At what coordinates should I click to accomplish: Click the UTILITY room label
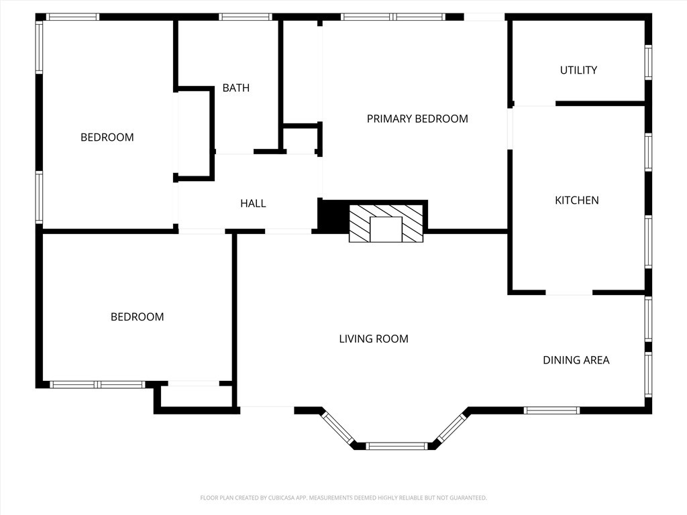[578, 70]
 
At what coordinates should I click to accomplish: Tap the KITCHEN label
[576, 200]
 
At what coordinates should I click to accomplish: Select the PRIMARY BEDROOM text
[417, 119]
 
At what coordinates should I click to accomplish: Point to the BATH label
[235, 88]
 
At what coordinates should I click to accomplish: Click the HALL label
[253, 203]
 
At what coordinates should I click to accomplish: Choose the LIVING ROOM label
[374, 339]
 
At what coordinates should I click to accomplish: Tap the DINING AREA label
[576, 360]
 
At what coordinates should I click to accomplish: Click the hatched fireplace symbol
[386, 223]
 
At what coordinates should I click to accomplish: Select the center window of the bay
[396, 446]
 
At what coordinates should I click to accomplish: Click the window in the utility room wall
[648, 62]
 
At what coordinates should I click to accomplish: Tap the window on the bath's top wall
[246, 17]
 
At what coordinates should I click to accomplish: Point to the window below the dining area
[551, 410]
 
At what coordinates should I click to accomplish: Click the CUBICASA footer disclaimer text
[343, 498]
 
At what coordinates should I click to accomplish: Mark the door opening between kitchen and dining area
[569, 292]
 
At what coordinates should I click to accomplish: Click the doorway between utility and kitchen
[534, 104]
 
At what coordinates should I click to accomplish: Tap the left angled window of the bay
[338, 428]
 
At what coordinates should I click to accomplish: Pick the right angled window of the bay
[452, 427]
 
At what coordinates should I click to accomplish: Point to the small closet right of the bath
[301, 139]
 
